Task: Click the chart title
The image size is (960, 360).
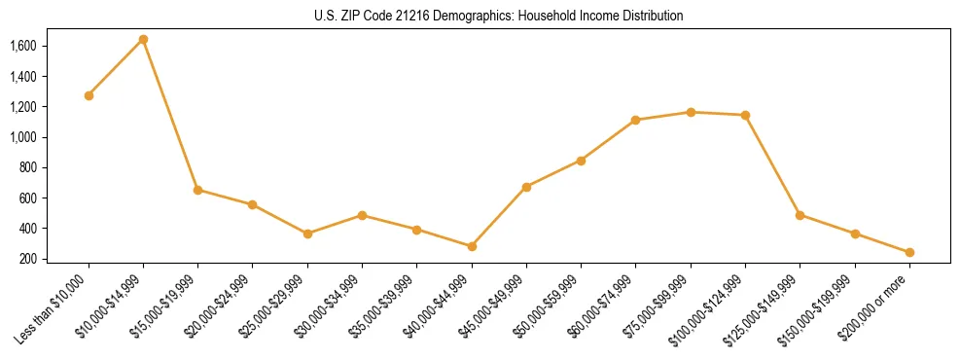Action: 499,17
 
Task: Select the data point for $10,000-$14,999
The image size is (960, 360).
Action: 143,39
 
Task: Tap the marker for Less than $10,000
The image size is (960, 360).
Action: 89,95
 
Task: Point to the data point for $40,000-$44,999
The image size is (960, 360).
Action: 472,246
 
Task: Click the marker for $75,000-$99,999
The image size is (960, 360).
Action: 691,112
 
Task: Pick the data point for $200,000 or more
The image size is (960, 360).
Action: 909,252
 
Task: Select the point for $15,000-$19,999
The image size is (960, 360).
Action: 198,190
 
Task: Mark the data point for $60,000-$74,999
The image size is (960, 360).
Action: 636,120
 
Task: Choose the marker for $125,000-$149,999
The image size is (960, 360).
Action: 800,215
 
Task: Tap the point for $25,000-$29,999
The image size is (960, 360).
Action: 307,234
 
